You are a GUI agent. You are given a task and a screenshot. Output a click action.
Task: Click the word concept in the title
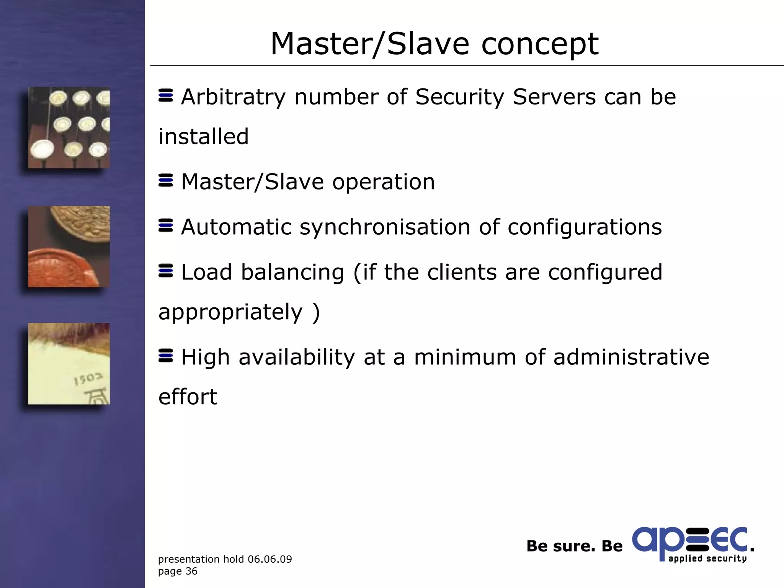pos(540,44)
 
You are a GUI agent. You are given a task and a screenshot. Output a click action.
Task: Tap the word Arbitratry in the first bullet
pos(233,97)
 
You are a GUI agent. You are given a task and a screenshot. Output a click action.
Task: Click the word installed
pos(204,137)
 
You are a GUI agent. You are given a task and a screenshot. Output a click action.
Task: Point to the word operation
pos(383,182)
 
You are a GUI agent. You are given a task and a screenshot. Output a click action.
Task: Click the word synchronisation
pos(385,227)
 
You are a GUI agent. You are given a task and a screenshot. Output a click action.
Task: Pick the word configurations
pos(585,227)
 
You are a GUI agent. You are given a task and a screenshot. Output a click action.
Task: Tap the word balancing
pos(292,272)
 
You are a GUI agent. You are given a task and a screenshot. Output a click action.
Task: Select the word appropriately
pos(230,312)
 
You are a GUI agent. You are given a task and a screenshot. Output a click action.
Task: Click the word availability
pos(297,357)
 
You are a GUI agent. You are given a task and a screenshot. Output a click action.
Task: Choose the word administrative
pos(631,357)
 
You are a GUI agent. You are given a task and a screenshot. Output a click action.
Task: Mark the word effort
pos(188,397)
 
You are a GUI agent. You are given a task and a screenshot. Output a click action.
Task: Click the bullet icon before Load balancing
pos(165,271)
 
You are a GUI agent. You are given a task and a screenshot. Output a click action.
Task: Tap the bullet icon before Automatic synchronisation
pos(165,225)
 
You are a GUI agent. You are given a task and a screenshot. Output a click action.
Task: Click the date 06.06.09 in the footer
pos(269,559)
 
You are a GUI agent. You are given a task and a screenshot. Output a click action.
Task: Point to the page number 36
pos(191,571)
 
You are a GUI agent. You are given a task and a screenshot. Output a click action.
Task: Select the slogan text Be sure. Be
pos(574,546)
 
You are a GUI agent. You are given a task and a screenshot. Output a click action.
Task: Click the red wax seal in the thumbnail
pos(61,268)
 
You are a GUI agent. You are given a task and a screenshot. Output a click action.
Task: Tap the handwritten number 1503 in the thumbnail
pos(88,379)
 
